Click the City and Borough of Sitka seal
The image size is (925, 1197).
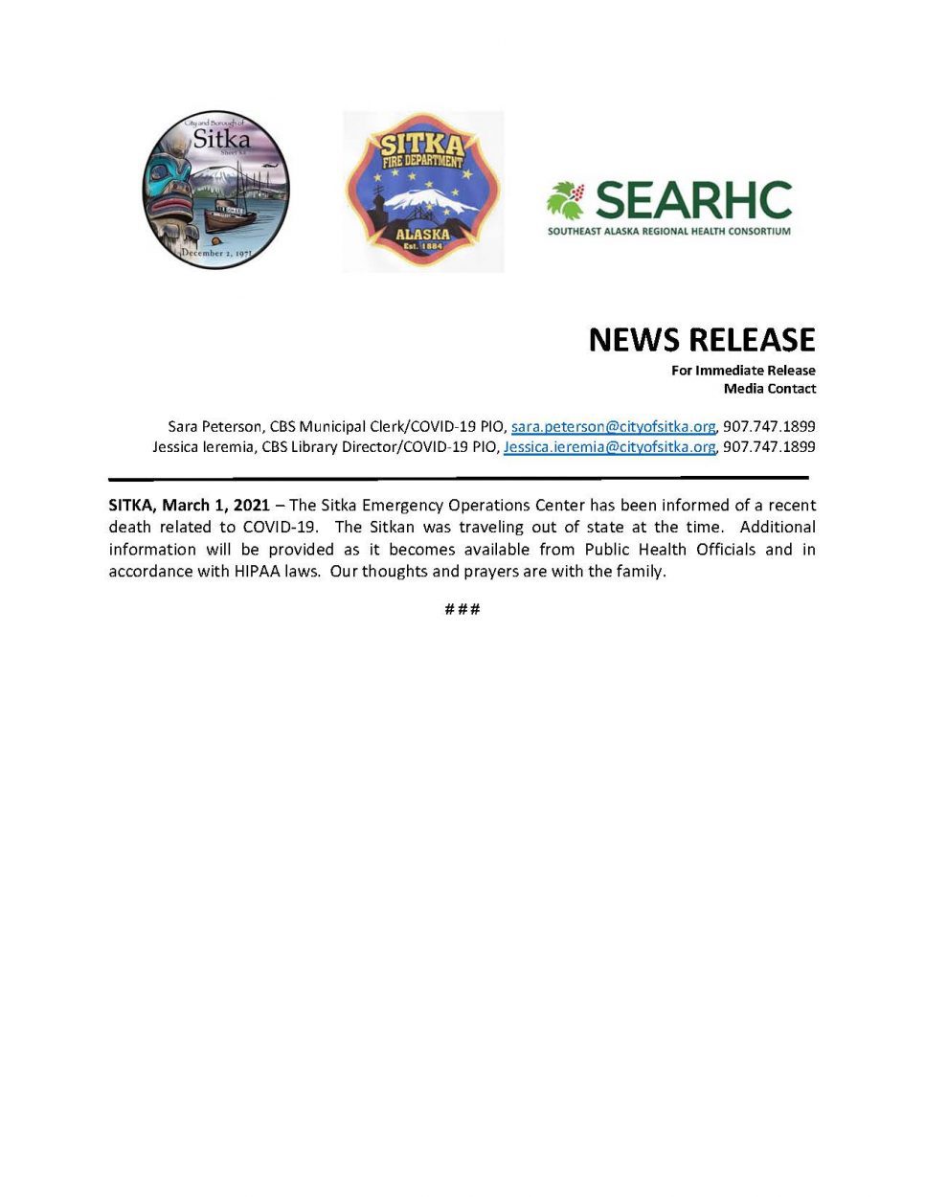point(215,190)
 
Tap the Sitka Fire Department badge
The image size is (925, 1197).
point(423,192)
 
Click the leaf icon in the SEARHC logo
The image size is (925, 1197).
point(566,201)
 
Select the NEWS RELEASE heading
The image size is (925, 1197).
point(701,340)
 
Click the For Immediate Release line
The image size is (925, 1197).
point(743,371)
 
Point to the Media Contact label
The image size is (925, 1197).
point(770,389)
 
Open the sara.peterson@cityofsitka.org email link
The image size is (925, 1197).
point(613,427)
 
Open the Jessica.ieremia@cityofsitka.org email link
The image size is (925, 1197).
point(609,447)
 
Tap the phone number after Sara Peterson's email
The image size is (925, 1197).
point(769,427)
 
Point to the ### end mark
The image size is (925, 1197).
point(462,609)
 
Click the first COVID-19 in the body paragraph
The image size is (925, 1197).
point(279,528)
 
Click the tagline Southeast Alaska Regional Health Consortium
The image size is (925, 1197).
point(669,232)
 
